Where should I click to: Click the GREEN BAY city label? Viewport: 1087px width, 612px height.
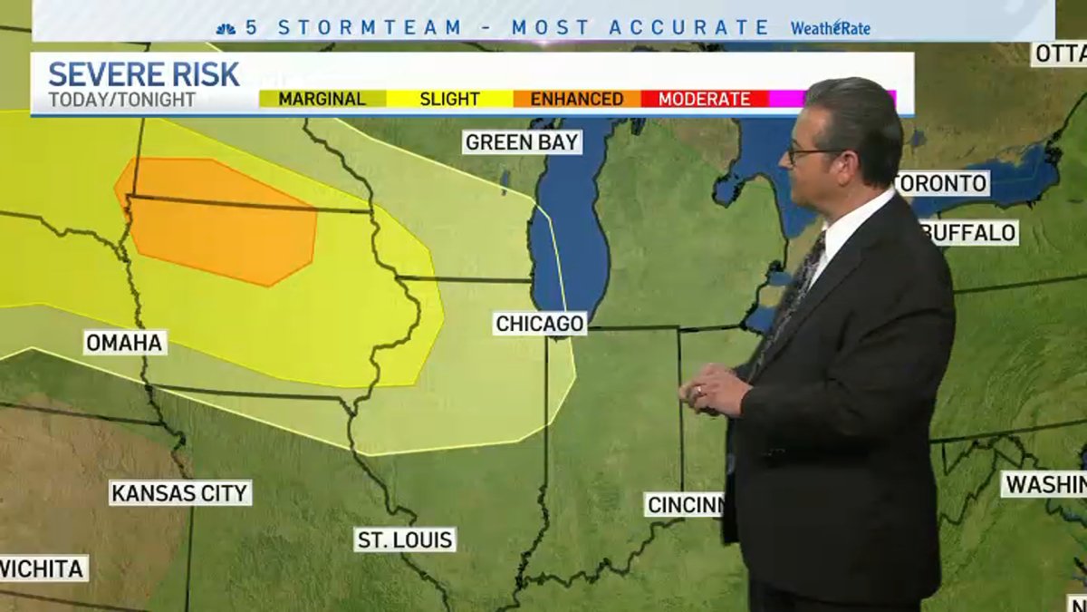click(522, 142)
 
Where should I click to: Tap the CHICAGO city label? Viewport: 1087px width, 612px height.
click(540, 324)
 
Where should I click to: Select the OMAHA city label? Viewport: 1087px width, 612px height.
click(125, 343)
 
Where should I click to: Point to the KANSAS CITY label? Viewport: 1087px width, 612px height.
click(179, 493)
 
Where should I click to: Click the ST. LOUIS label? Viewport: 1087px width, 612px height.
click(405, 539)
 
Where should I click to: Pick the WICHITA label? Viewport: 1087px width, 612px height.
click(43, 569)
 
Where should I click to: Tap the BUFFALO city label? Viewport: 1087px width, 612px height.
click(971, 233)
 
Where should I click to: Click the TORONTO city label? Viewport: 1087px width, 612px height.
click(942, 183)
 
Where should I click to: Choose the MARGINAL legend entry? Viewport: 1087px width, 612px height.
click(322, 99)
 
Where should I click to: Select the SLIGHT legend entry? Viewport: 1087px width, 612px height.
click(449, 99)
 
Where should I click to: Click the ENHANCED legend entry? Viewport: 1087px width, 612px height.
click(576, 99)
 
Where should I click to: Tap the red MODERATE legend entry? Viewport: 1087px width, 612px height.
click(704, 99)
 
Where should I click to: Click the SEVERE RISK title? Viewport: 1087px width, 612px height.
click(143, 74)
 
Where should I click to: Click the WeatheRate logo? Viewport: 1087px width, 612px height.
click(830, 28)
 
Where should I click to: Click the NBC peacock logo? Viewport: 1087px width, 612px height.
click(226, 28)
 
